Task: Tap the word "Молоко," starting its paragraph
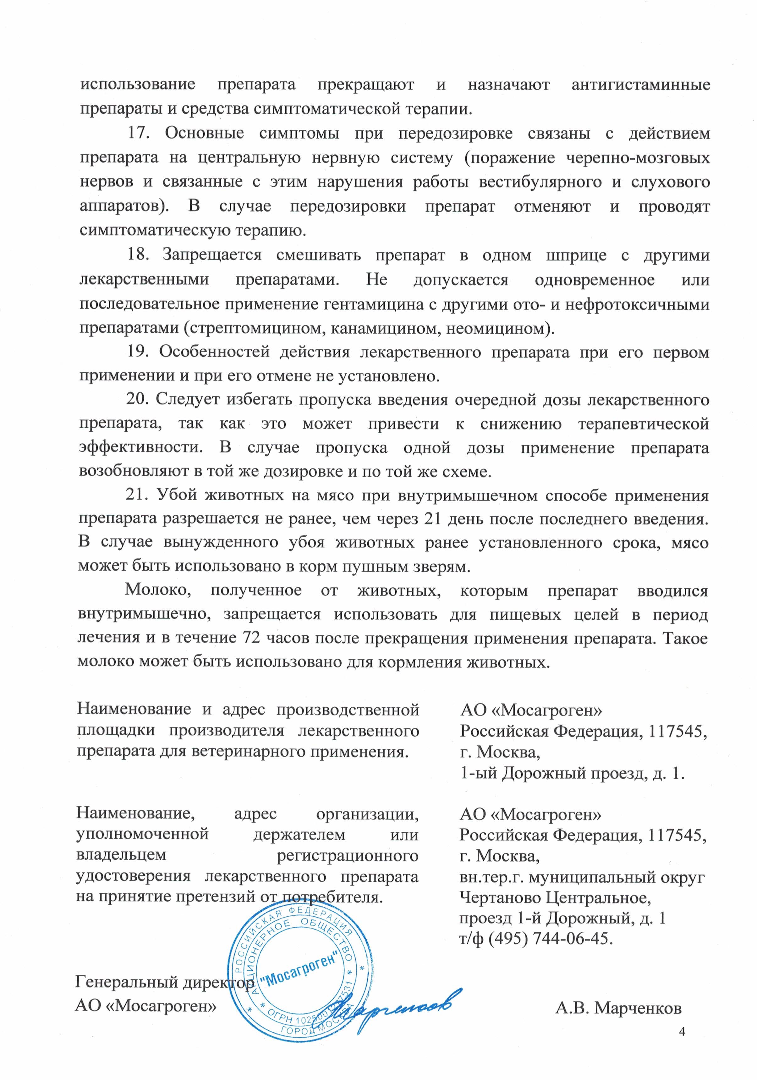coord(158,590)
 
